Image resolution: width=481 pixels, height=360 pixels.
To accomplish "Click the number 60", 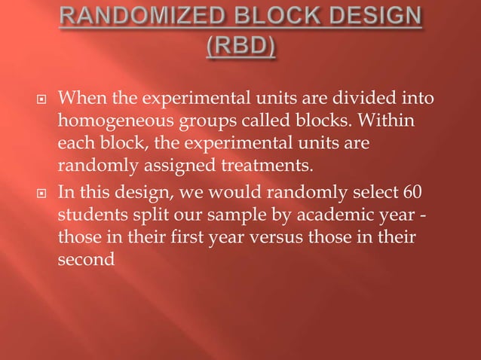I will coord(412,188).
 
